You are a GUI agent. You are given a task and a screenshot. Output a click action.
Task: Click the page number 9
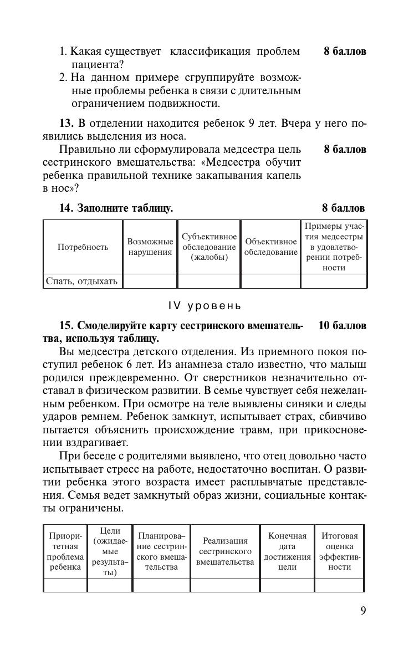tap(363, 611)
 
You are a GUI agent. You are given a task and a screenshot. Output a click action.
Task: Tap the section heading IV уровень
tap(205, 306)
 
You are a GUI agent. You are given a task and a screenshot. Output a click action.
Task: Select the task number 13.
tap(66, 124)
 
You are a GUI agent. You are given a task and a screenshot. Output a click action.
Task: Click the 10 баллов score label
tap(343, 326)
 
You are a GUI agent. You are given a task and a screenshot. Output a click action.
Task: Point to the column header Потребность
tap(83, 247)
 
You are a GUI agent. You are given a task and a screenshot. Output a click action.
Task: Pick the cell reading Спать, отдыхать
tap(82, 282)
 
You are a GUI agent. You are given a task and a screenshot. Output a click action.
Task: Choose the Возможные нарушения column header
tap(150, 247)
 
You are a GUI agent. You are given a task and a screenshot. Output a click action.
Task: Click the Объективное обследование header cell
tap(271, 247)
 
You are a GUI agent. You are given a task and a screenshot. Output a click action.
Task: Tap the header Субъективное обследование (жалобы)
tap(209, 247)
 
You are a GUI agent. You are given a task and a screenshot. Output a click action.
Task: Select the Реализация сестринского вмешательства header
tap(225, 551)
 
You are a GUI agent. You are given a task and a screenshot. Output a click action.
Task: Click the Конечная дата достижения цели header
tap(287, 551)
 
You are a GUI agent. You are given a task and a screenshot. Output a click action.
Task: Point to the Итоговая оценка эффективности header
tap(340, 551)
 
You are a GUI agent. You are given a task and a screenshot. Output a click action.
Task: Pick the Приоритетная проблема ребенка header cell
tap(65, 551)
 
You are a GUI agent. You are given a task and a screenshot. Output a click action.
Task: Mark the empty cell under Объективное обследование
tap(271, 282)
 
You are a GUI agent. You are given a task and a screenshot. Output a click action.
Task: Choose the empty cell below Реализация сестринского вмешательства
tap(225, 586)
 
